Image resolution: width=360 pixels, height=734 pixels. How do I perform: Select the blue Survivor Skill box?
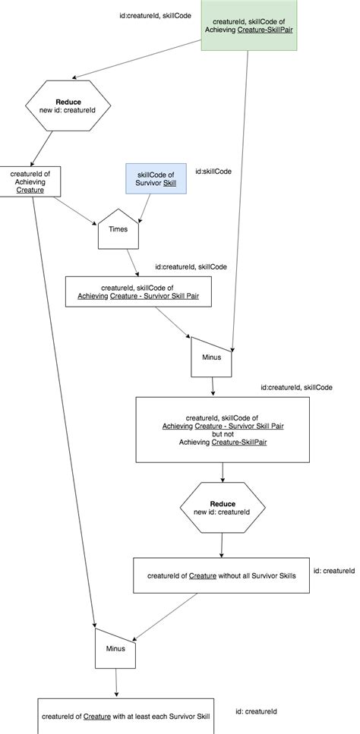[156, 183]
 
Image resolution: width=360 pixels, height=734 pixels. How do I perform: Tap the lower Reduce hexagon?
[223, 509]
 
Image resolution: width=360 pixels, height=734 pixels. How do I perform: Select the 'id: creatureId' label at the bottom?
[256, 711]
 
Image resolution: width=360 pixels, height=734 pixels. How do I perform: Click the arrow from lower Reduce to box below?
[221, 545]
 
